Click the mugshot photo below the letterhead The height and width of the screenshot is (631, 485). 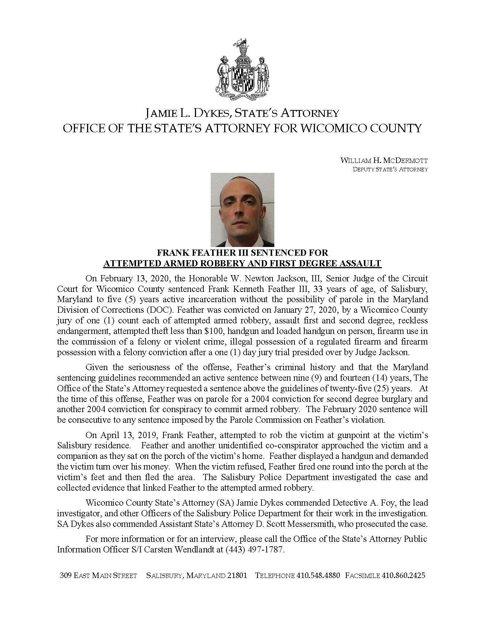click(242, 209)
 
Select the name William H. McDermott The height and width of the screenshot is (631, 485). click(384, 160)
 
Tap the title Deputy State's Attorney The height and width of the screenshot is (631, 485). click(390, 169)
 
